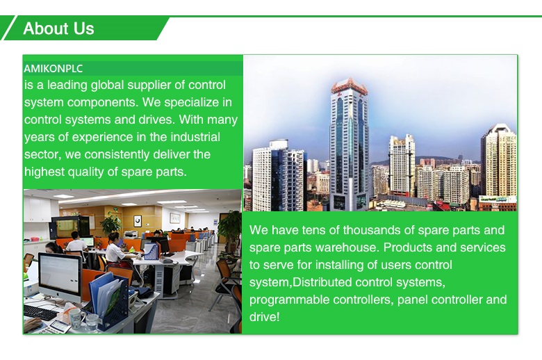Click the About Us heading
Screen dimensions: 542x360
coord(58,28)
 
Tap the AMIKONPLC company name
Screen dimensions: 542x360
coord(54,69)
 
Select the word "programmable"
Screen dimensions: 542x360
coord(289,300)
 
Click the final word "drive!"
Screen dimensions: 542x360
coord(265,317)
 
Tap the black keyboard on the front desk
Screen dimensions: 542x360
coord(41,312)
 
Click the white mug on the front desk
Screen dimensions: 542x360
coord(75,317)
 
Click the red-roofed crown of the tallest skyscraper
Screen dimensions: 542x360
coord(349,85)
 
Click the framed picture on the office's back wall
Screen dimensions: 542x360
coord(138,220)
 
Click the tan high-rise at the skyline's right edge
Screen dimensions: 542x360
coord(498,161)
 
